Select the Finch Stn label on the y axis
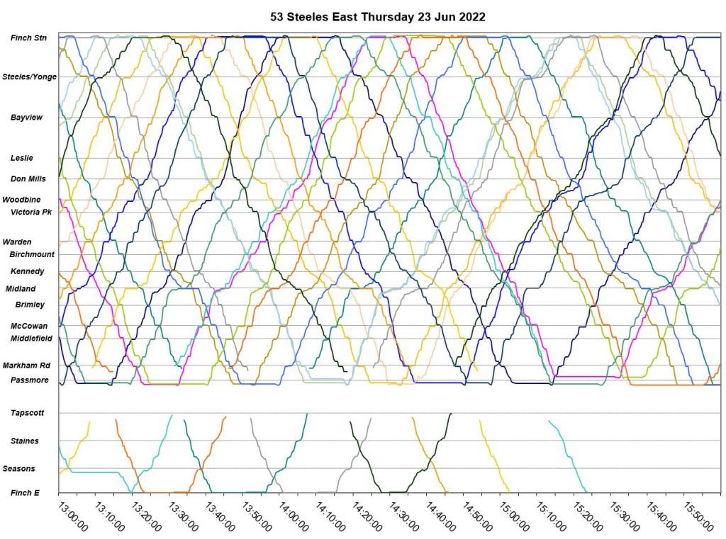(x=29, y=38)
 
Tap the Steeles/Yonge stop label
(x=30, y=76)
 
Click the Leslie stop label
(x=21, y=158)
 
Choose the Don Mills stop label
(x=28, y=179)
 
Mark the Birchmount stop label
(x=32, y=254)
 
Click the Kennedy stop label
(x=28, y=271)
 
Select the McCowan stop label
(x=29, y=326)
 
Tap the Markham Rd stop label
(x=26, y=365)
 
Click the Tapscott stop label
(x=27, y=412)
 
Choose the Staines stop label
(x=25, y=441)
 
